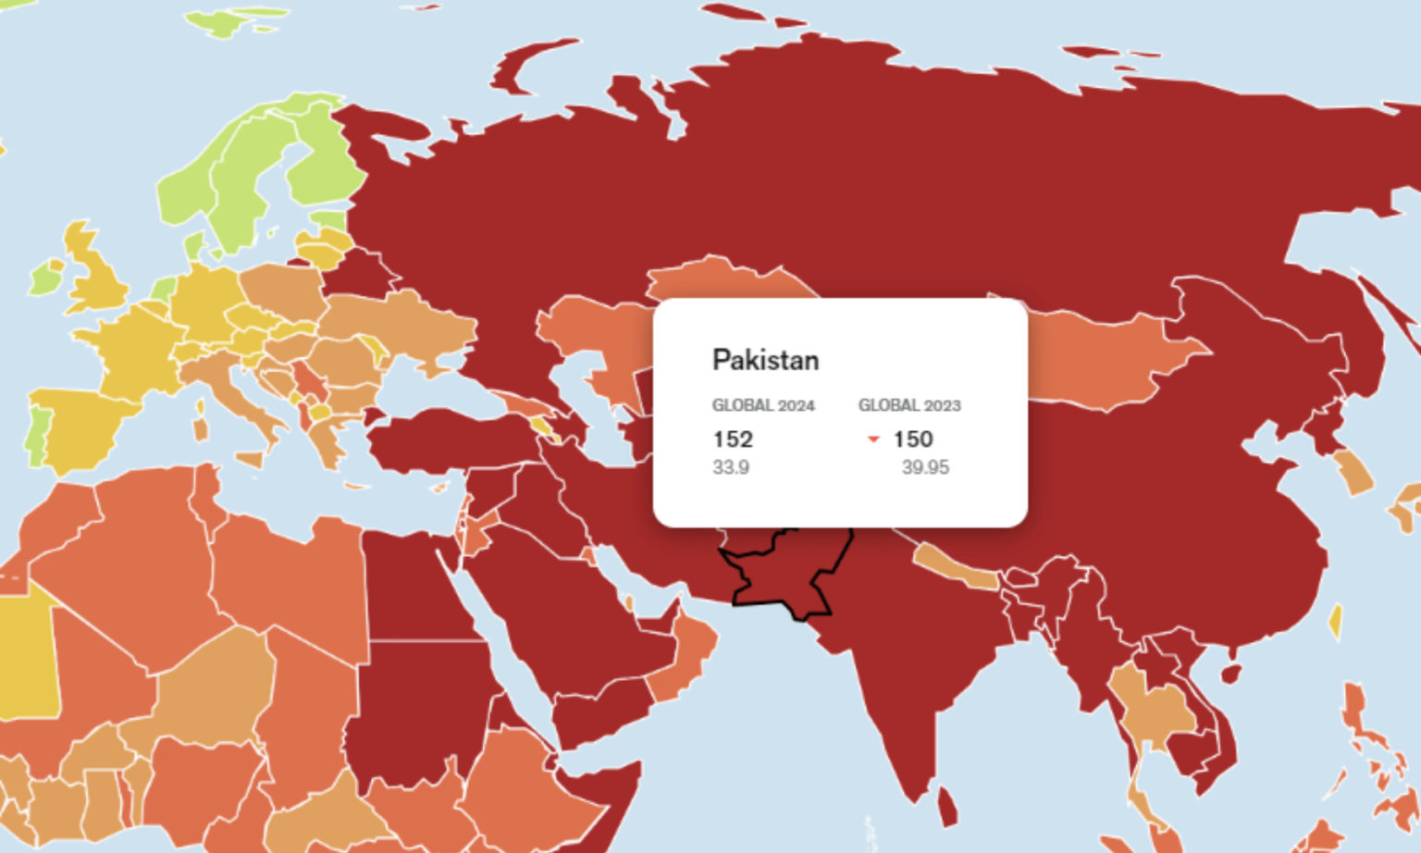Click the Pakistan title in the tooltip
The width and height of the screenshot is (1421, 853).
(x=765, y=360)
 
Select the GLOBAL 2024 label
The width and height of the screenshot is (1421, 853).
(x=763, y=405)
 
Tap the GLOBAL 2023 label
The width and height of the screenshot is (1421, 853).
(x=909, y=405)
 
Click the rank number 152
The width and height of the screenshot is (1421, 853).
(x=733, y=439)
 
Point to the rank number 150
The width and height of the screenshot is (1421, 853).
(x=912, y=439)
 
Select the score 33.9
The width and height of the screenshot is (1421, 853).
(x=731, y=467)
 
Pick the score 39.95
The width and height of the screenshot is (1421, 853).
(x=925, y=467)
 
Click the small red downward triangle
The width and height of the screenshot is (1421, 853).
(x=872, y=439)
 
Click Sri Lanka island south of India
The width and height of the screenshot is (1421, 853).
(x=947, y=805)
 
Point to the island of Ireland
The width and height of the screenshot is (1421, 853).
(x=44, y=277)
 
